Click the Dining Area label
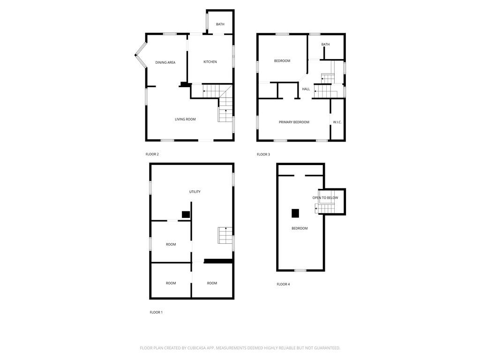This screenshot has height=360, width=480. point(165,62)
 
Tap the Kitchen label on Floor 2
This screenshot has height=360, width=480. point(210,62)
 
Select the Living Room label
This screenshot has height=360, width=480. point(185,120)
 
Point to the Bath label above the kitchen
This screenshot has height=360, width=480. point(220,24)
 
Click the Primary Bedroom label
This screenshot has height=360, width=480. point(294,122)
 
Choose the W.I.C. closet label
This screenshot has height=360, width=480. point(337,122)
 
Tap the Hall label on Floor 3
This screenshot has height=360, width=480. point(306,89)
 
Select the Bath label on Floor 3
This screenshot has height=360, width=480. point(325,45)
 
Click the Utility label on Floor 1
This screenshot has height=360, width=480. point(195,192)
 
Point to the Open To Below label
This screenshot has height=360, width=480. point(325,198)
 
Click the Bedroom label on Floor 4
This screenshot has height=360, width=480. point(300,228)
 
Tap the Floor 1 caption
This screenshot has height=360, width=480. point(156,312)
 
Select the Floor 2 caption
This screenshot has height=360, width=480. point(152,154)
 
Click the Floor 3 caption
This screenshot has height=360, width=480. point(263,155)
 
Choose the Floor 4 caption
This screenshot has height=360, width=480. point(283,285)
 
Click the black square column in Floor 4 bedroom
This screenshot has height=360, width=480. point(295,213)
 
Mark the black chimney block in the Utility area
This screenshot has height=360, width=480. point(186,215)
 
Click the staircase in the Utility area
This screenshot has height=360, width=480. point(225,235)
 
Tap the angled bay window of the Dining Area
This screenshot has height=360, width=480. point(141,55)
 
